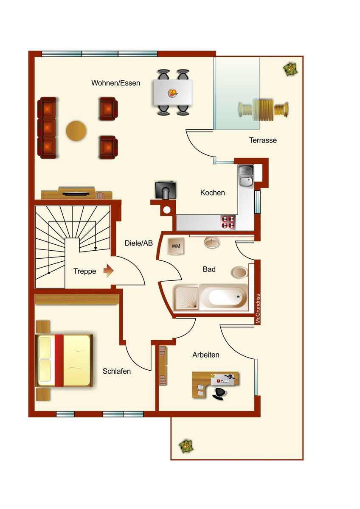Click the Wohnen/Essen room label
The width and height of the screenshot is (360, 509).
pyautogui.click(x=115, y=83)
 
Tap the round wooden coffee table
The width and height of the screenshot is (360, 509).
pyautogui.click(x=76, y=131)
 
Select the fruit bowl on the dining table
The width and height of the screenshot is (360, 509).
pyautogui.click(x=173, y=93)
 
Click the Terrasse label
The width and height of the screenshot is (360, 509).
pyautogui.click(x=263, y=140)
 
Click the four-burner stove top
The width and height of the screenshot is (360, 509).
pyautogui.click(x=228, y=222)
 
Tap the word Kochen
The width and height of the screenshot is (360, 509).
pyautogui.click(x=212, y=193)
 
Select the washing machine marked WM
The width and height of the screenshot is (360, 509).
pyautogui.click(x=176, y=246)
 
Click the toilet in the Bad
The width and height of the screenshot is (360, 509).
pyautogui.click(x=239, y=272)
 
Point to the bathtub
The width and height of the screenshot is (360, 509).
pyautogui.click(x=224, y=297)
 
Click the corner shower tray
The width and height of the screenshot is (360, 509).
pyautogui.click(x=186, y=298)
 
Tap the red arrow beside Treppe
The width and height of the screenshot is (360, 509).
pyautogui.click(x=108, y=271)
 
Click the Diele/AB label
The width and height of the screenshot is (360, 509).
pyautogui.click(x=138, y=243)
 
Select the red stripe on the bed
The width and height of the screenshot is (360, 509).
pyautogui.click(x=59, y=361)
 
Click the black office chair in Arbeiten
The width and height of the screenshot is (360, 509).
pyautogui.click(x=219, y=393)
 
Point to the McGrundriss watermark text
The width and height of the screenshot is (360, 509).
pyautogui.click(x=257, y=309)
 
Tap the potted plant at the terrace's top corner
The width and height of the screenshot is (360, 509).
pyautogui.click(x=290, y=69)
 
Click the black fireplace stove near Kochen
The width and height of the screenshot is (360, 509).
pyautogui.click(x=166, y=190)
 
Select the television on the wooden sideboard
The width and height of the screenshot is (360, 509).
pyautogui.click(x=76, y=194)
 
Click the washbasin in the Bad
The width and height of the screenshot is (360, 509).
pyautogui.click(x=212, y=243)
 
